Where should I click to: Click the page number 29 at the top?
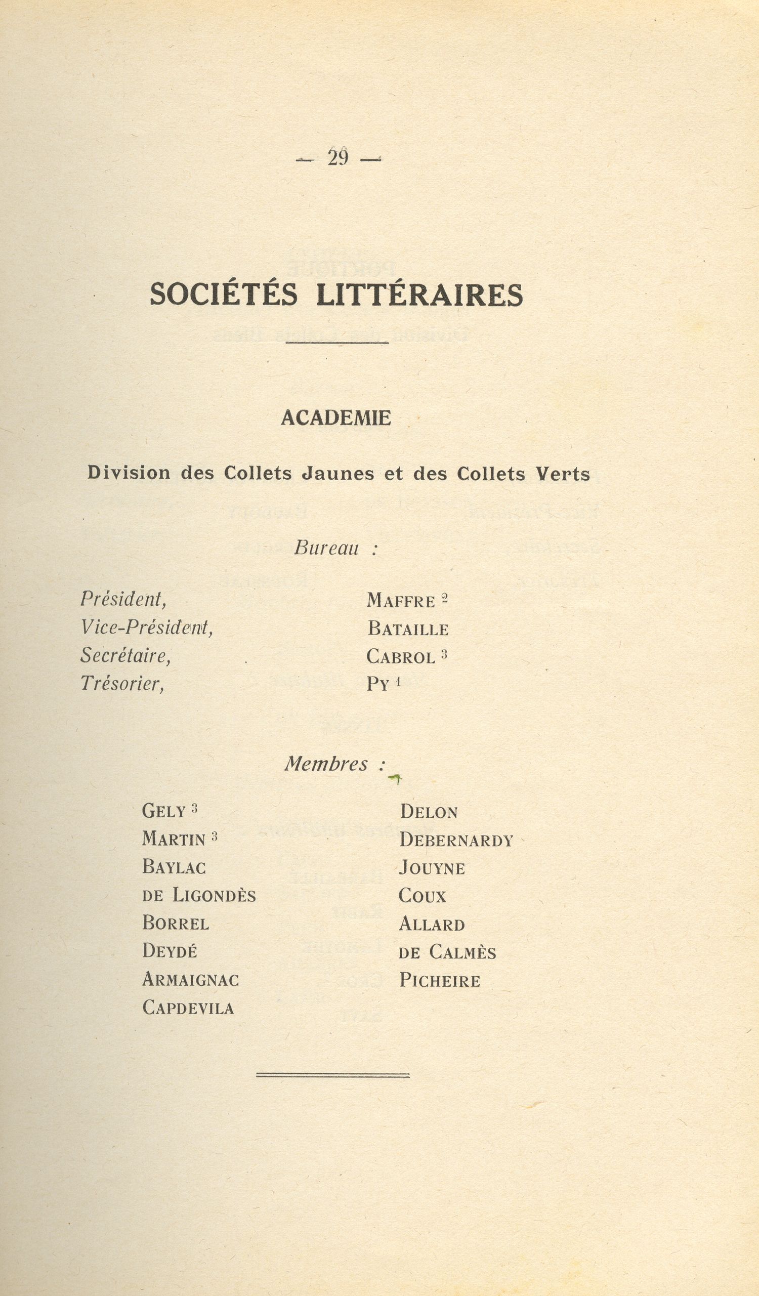338,158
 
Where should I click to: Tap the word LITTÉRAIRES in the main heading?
419,295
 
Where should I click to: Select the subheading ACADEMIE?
336,418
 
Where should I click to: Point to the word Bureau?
326,548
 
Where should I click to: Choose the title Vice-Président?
147,627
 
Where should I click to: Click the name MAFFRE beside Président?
401,601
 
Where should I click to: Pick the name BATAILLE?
408,629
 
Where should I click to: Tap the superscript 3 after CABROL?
444,655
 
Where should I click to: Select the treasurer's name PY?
377,684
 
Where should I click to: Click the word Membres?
326,764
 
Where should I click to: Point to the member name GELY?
163,812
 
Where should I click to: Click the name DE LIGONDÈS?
199,895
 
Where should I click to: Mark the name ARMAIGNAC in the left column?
190,980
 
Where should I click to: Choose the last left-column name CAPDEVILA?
188,1008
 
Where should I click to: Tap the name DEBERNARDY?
456,841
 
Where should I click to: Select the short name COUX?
422,896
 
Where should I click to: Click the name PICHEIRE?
440,981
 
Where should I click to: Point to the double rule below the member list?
333,1075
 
